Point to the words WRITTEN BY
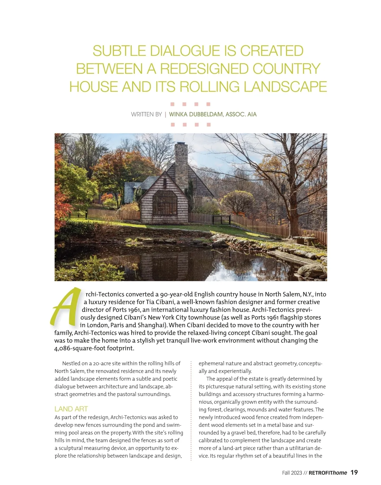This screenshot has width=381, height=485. click(x=146, y=114)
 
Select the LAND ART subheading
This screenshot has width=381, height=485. click(x=71, y=409)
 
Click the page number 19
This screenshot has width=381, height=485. click(x=354, y=473)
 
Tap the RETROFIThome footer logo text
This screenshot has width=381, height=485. click(x=328, y=473)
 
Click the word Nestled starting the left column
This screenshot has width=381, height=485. click(x=73, y=363)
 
